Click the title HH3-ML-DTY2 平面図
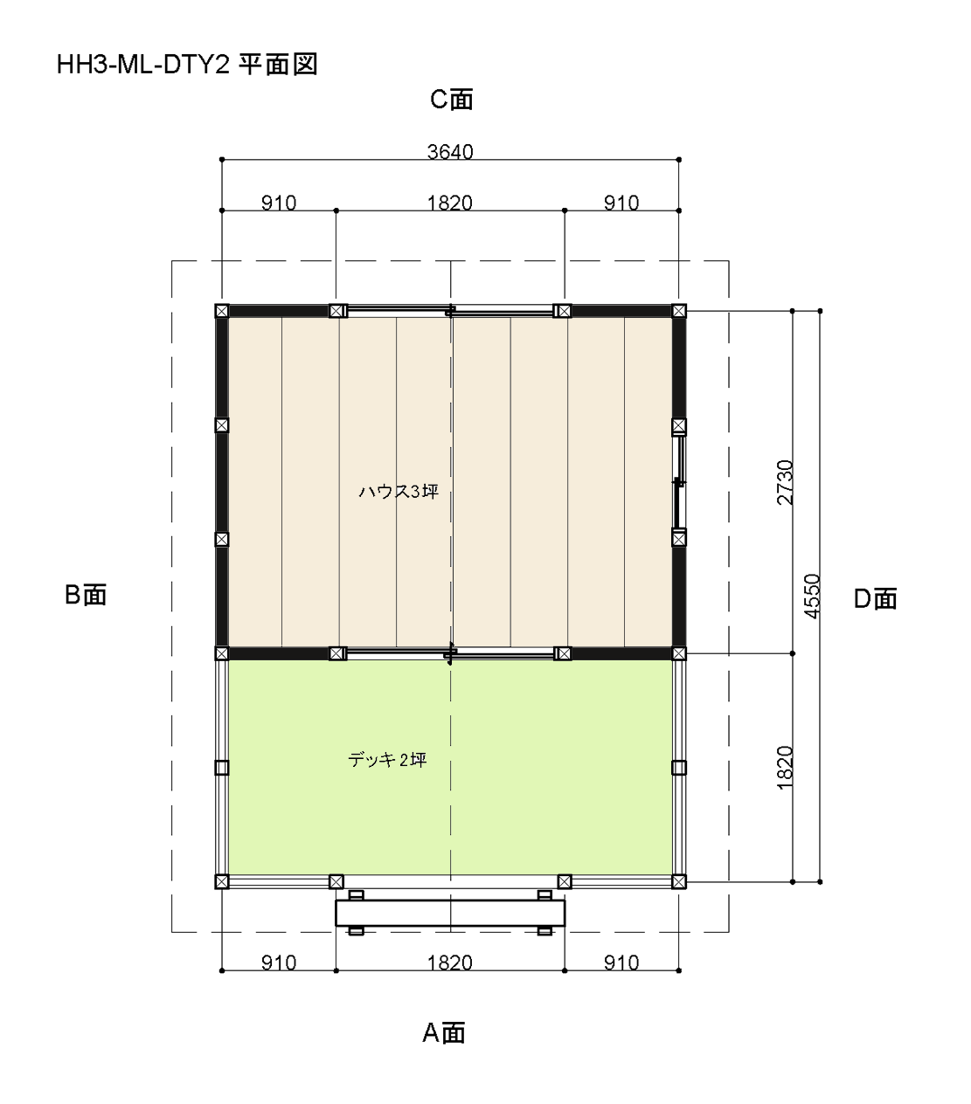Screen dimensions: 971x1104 pos(187,65)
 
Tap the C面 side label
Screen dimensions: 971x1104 pos(451,100)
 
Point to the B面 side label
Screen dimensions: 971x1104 pos(85,595)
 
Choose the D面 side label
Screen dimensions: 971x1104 pos(875,599)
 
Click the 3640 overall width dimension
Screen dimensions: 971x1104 pos(450,152)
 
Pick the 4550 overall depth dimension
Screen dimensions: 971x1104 pos(812,596)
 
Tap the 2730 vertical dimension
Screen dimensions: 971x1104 pos(785,482)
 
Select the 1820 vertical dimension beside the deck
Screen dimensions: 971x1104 pos(785,767)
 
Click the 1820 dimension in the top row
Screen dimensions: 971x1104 pos(449,204)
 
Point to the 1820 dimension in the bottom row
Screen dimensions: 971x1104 pos(449,963)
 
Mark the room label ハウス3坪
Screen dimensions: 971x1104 pos(399,492)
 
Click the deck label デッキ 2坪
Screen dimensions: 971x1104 pos(387,760)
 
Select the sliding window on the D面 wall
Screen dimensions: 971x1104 pos(679,482)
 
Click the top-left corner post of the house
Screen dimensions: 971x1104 pos(221,311)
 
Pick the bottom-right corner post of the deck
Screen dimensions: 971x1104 pos(678,881)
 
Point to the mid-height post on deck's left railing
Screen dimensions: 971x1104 pos(221,767)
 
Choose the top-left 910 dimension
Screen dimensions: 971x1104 pos(279,204)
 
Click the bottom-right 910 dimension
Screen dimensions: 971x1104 pos(621,963)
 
